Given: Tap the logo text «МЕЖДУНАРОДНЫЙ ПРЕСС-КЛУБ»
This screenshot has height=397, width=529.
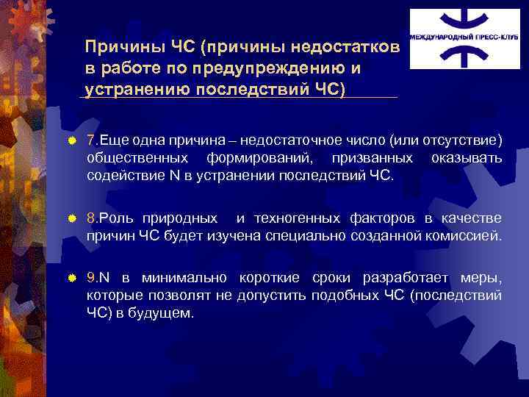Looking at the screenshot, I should (x=456, y=35).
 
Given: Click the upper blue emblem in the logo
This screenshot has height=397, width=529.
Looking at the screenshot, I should (x=456, y=21).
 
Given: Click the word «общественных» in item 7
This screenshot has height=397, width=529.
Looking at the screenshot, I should (x=132, y=158).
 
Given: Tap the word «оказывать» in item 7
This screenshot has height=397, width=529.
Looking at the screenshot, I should (x=467, y=158).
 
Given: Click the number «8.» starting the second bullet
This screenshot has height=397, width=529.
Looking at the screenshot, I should (x=92, y=218).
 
